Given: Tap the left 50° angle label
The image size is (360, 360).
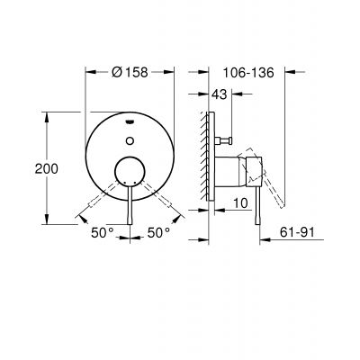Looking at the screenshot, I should [102, 232].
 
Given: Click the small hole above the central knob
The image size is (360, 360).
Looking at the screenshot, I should [132, 139].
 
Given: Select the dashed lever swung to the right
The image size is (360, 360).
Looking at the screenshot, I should [158, 198].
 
